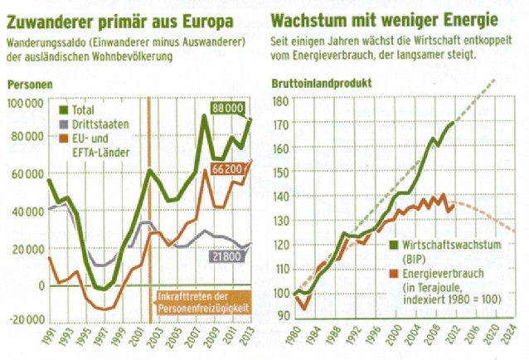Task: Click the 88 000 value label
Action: click(227, 108)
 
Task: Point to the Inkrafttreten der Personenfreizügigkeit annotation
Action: click(201, 302)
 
